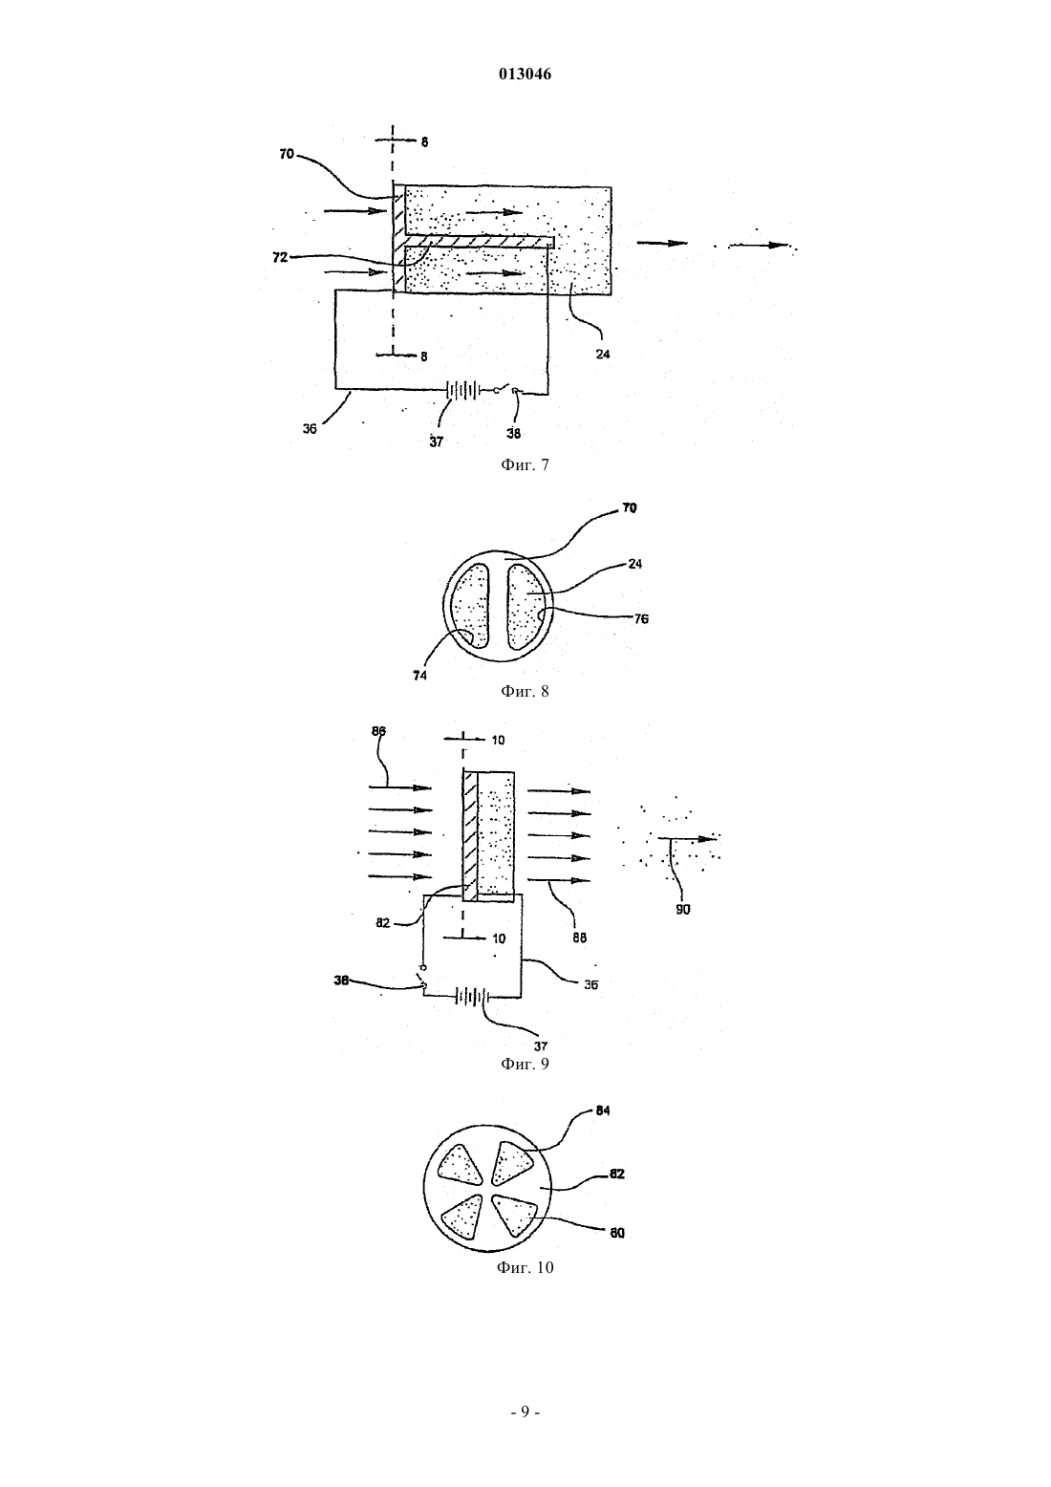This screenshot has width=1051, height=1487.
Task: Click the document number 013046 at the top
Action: (525, 75)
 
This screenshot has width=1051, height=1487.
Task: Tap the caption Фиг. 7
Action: (525, 464)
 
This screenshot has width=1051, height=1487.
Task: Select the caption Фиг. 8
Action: (525, 691)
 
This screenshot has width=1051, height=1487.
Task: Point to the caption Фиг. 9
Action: (525, 1064)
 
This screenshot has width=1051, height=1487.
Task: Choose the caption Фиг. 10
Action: (525, 1267)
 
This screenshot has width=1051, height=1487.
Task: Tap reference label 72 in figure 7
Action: (281, 257)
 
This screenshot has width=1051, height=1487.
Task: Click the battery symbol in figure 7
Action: (462, 389)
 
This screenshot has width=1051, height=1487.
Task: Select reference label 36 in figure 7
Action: (310, 429)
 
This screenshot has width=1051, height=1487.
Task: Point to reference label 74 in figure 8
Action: (419, 676)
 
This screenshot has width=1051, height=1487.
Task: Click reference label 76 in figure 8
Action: (641, 618)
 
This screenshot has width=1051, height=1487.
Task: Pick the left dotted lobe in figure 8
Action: (470, 606)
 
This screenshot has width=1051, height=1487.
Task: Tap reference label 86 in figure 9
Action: (379, 731)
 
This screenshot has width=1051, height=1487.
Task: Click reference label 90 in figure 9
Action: (683, 910)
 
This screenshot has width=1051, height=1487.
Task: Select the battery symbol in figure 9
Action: (472, 997)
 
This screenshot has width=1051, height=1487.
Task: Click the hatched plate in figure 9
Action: (470, 836)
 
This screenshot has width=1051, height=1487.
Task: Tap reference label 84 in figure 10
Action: (603, 1110)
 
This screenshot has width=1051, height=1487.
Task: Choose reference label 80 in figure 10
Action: (617, 1233)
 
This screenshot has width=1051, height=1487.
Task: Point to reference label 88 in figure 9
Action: (579, 938)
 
